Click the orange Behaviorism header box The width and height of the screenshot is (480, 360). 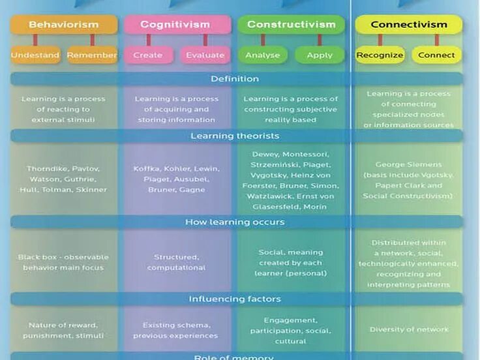click(64, 25)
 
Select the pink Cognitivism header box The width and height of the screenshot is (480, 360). click(177, 25)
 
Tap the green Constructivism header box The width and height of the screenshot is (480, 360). click(291, 25)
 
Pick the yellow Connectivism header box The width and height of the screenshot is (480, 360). click(408, 25)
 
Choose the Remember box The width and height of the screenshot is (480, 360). click(92, 55)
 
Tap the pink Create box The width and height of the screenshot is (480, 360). click(148, 55)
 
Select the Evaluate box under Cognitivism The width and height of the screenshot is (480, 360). click(205, 55)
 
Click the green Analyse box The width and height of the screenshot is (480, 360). click(262, 55)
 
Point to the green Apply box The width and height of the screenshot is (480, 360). click(320, 55)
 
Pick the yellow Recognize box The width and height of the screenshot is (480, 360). click(380, 55)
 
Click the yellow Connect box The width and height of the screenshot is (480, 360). click(436, 55)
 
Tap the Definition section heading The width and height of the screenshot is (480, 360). click(235, 79)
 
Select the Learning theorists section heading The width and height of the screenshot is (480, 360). click(235, 136)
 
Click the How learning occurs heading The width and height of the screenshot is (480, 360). click(235, 222)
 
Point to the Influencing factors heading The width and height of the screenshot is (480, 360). click(235, 299)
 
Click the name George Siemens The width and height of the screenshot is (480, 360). click(408, 165)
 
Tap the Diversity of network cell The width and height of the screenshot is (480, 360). click(409, 329)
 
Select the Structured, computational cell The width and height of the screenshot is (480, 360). click(176, 262)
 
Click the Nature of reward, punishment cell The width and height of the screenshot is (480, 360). click(64, 330)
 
